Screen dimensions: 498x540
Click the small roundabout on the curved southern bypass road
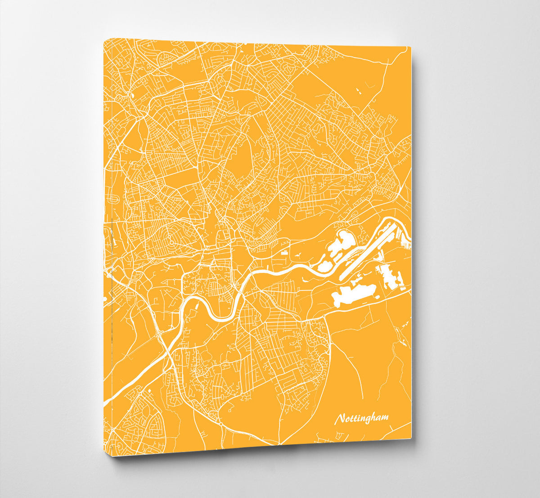(x=222, y=422)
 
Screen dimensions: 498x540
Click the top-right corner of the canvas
(x=411, y=46)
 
